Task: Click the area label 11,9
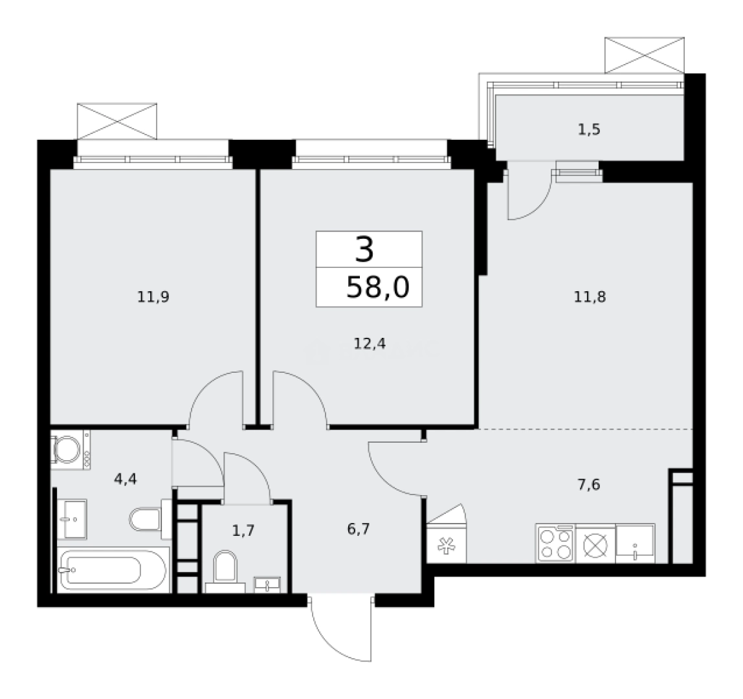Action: pyautogui.click(x=153, y=297)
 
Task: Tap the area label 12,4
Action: pyautogui.click(x=370, y=344)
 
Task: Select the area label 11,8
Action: pyautogui.click(x=590, y=297)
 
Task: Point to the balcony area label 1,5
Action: pyautogui.click(x=589, y=129)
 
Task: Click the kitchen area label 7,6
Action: pyautogui.click(x=588, y=485)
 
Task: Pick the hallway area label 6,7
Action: pyautogui.click(x=359, y=529)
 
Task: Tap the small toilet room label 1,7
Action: pyautogui.click(x=243, y=530)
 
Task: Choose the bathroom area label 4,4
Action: pyautogui.click(x=125, y=479)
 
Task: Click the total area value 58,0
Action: pyautogui.click(x=378, y=287)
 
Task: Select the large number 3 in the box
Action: pyautogui.click(x=364, y=250)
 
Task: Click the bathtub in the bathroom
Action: pyautogui.click(x=113, y=570)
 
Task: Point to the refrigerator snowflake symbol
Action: pyautogui.click(x=446, y=546)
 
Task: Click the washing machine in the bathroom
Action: pyautogui.click(x=71, y=449)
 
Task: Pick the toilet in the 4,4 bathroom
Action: pyautogui.click(x=150, y=519)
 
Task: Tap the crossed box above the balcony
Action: pyautogui.click(x=645, y=56)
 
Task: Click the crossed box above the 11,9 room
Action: pyautogui.click(x=116, y=121)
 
